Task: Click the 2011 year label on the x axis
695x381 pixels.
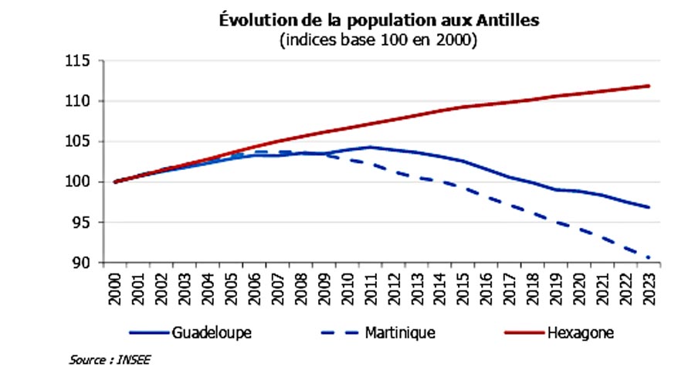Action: [x=371, y=289]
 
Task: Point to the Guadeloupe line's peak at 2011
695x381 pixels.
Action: [x=371, y=147]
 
